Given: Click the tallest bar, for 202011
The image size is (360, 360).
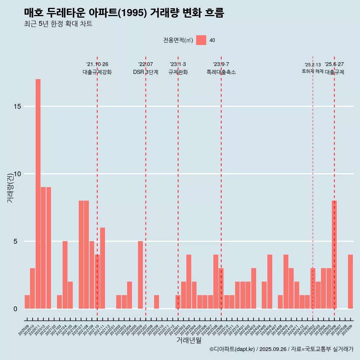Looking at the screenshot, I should [x=38, y=194].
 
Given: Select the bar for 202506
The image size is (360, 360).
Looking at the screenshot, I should [x=334, y=255].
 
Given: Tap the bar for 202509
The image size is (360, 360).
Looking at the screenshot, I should [x=350, y=282].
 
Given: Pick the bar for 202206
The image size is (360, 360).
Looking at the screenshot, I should [x=140, y=275].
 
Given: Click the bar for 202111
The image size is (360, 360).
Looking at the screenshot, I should [x=102, y=268].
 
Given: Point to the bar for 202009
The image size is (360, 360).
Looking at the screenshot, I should [x=27, y=302].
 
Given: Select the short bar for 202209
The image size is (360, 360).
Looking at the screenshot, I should [x=156, y=302].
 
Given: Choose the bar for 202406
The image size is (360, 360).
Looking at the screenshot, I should [x=270, y=282].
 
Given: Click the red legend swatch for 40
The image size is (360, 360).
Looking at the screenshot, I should [x=201, y=40].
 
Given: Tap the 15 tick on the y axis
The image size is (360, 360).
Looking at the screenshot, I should [x=17, y=106].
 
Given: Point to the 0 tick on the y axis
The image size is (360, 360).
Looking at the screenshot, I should [x=15, y=309].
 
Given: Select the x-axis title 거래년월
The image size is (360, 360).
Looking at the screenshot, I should [x=189, y=340].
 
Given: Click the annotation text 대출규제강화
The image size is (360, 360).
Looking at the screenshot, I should [x=97, y=72].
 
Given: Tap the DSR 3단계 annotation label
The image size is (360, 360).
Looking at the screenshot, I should [x=145, y=72].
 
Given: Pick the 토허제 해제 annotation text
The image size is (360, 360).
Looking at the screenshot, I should [x=312, y=71].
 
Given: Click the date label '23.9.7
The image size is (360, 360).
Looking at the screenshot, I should [x=221, y=64].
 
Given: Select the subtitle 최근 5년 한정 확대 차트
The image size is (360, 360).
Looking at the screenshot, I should [x=58, y=24].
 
